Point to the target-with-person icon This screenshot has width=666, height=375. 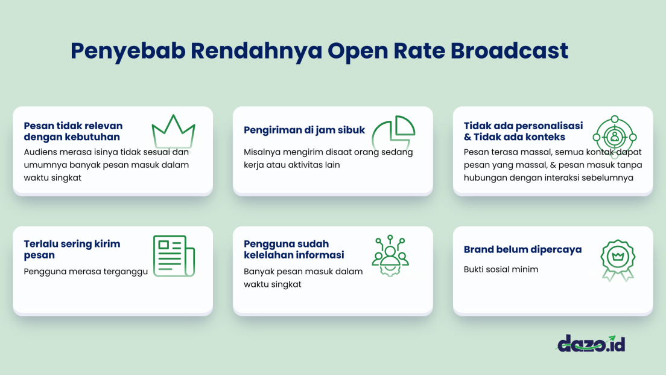(x=614, y=137)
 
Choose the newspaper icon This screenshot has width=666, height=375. (x=173, y=256)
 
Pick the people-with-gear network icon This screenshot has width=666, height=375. (x=390, y=256)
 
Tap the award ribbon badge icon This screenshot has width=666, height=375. (x=617, y=260)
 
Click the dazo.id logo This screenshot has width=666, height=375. (x=590, y=344)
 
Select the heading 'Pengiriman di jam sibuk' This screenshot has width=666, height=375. (x=304, y=130)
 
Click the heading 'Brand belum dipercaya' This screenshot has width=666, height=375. (x=522, y=249)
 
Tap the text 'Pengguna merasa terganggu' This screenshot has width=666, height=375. (x=86, y=272)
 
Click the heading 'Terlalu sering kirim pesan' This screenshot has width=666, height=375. (x=72, y=249)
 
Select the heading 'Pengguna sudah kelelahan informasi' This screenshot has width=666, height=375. (x=294, y=249)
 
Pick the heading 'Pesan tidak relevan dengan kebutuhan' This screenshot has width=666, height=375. (x=73, y=131)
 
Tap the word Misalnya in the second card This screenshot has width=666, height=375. (x=263, y=152)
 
